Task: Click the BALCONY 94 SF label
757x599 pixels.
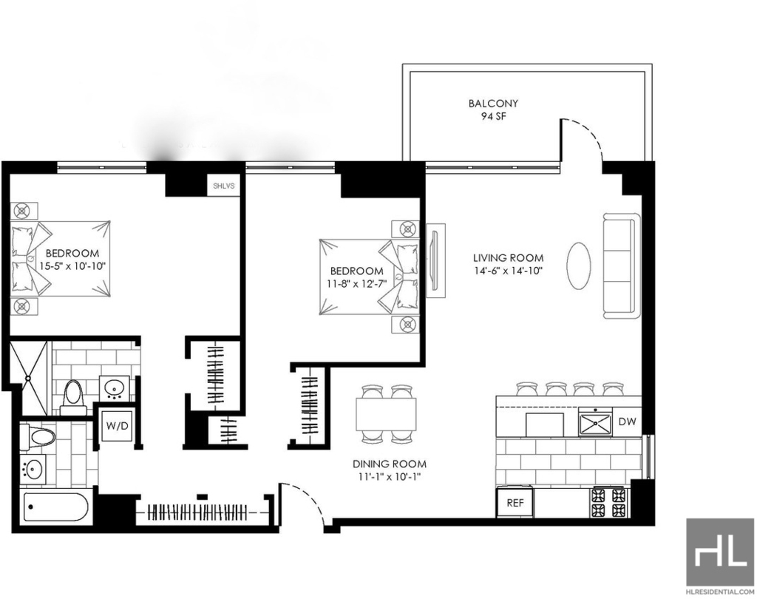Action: (493, 109)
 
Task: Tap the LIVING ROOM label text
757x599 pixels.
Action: (508, 258)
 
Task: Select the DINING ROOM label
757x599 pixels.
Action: (390, 464)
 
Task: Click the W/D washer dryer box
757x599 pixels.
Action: (118, 426)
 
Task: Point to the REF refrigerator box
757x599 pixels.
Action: (515, 503)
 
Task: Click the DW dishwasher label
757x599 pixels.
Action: (627, 422)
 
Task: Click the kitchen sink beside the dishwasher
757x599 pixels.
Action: (595, 422)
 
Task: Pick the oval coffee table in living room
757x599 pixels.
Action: (578, 265)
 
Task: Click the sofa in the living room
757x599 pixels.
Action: (622, 265)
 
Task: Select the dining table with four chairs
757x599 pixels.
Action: (386, 414)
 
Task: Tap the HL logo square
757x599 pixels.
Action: (719, 552)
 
